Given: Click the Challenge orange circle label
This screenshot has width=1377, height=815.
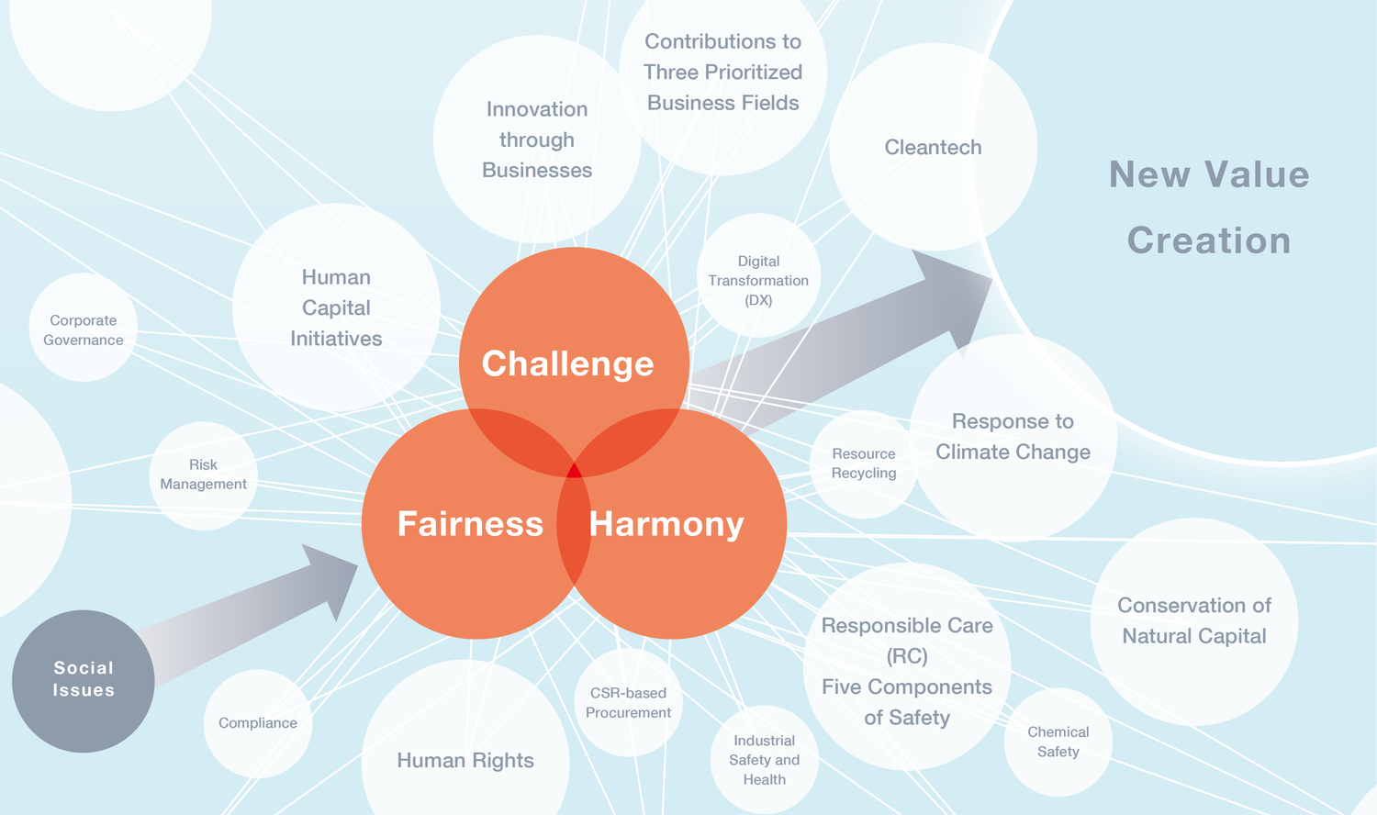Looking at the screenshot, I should [x=567, y=363].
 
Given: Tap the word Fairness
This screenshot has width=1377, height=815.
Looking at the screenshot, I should [x=470, y=524].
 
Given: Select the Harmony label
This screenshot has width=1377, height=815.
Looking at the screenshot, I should [x=666, y=524].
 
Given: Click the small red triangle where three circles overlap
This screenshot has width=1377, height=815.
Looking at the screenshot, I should [x=574, y=472].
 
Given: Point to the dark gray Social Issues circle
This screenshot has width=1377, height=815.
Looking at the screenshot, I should [x=84, y=680].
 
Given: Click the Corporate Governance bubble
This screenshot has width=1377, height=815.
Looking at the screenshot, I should [x=84, y=329].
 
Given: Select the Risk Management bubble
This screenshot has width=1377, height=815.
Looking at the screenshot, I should [x=203, y=474].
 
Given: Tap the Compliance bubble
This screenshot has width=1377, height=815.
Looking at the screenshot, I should [x=258, y=723].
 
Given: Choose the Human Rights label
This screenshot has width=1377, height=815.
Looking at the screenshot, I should [x=465, y=760].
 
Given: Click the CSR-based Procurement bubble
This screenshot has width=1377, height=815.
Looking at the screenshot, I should [x=628, y=703].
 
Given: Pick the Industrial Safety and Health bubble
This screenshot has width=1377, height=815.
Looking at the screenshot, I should [x=765, y=760].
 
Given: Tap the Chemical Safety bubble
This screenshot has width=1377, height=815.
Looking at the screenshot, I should [x=1058, y=742].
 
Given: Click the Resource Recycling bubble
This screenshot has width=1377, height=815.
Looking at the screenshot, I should [x=864, y=463].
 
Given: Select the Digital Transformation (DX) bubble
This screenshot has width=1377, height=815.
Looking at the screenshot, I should [x=758, y=281].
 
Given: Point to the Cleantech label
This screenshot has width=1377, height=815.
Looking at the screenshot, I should [x=933, y=148].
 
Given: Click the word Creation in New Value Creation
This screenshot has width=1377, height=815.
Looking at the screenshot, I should [x=1209, y=240].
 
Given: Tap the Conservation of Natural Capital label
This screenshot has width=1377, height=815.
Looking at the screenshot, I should [x=1194, y=620].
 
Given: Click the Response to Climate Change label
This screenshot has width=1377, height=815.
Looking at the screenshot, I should [x=1013, y=437].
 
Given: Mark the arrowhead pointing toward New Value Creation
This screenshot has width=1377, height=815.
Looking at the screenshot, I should [x=955, y=294].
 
